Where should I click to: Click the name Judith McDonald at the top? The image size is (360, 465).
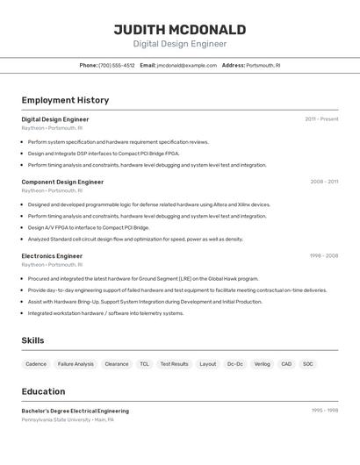(x=180, y=30)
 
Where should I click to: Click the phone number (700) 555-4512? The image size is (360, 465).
(x=117, y=65)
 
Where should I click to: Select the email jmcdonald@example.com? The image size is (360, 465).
(x=187, y=65)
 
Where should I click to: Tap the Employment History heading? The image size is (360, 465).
(x=65, y=100)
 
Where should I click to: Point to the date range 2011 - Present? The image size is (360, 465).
(x=321, y=119)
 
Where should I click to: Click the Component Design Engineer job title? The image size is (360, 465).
(x=62, y=182)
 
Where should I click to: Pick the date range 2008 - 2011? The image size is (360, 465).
(x=324, y=182)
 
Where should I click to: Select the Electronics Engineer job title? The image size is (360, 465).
(x=52, y=256)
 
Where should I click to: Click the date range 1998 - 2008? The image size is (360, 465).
(x=323, y=256)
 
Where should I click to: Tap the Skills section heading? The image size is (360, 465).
(x=33, y=340)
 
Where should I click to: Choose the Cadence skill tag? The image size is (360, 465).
(x=36, y=363)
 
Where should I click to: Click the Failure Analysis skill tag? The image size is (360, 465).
(x=76, y=363)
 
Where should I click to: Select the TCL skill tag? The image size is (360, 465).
(x=144, y=363)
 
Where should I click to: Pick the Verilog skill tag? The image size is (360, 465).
(x=262, y=363)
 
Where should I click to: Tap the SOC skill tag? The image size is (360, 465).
(x=308, y=363)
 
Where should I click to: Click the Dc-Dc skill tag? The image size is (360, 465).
(x=234, y=363)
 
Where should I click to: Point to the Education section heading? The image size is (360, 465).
(x=43, y=391)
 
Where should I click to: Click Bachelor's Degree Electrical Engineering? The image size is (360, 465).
(x=75, y=411)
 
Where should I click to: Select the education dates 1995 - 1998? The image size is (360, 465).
(x=324, y=411)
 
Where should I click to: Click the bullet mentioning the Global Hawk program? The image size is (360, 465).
(x=142, y=279)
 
